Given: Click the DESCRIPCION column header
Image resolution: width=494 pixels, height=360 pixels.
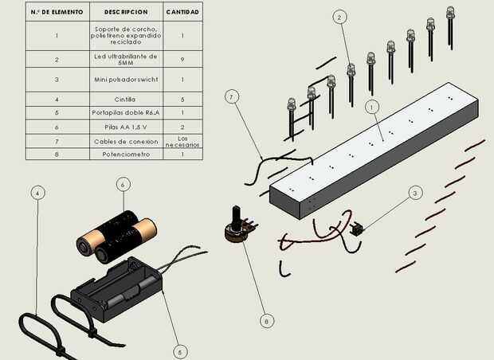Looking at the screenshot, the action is click(x=126, y=12).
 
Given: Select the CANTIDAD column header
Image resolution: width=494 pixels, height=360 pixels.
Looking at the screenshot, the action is click(x=182, y=12).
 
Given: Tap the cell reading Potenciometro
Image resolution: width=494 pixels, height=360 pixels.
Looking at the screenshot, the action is click(x=126, y=155).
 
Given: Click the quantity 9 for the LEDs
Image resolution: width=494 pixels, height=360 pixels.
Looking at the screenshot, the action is click(x=182, y=59).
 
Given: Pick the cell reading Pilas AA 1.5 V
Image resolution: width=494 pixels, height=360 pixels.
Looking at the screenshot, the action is click(x=126, y=127).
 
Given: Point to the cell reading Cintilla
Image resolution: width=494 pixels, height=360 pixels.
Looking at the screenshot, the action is click(x=125, y=100).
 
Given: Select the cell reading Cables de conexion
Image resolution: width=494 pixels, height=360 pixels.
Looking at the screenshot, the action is click(x=126, y=142).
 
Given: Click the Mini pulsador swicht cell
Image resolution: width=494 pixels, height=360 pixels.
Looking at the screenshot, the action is click(x=126, y=80).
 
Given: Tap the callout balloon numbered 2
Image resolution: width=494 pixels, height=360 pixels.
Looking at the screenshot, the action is click(x=339, y=18).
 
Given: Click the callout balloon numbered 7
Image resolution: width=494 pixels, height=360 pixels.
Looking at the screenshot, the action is click(x=232, y=96).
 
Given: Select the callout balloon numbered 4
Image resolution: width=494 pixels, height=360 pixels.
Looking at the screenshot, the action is click(x=37, y=193).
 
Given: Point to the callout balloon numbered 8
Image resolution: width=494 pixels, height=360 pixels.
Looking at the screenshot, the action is click(x=267, y=321).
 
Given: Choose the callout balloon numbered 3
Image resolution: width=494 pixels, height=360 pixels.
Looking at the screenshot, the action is click(x=415, y=193).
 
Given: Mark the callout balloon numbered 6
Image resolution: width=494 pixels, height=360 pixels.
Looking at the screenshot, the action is click(x=123, y=185).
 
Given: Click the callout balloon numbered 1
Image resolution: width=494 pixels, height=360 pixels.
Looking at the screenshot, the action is click(x=372, y=107).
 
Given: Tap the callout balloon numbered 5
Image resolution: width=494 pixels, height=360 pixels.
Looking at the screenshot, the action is click(x=180, y=352).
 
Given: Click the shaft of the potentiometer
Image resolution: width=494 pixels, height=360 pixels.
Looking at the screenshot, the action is click(x=237, y=215).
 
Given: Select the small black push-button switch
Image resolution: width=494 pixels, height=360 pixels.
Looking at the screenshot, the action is click(x=356, y=229).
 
